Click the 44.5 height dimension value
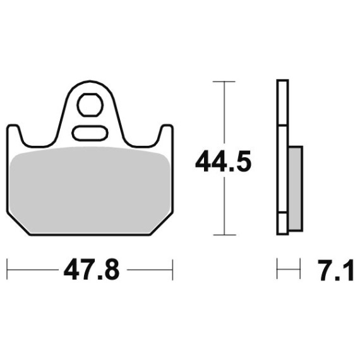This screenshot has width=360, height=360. coord(223,161)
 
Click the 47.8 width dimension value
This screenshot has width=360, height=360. coord(92,270)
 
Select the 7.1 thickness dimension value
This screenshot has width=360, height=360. coord(337,270)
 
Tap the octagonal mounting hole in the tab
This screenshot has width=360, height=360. coord(90,105)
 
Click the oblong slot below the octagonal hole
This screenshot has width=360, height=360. coord(90,133)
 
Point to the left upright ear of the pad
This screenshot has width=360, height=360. coord(15,135)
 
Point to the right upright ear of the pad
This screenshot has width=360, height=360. coord(165,135)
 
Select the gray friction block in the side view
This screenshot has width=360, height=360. coord(295,188)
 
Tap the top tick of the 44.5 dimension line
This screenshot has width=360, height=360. coord(224,81)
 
